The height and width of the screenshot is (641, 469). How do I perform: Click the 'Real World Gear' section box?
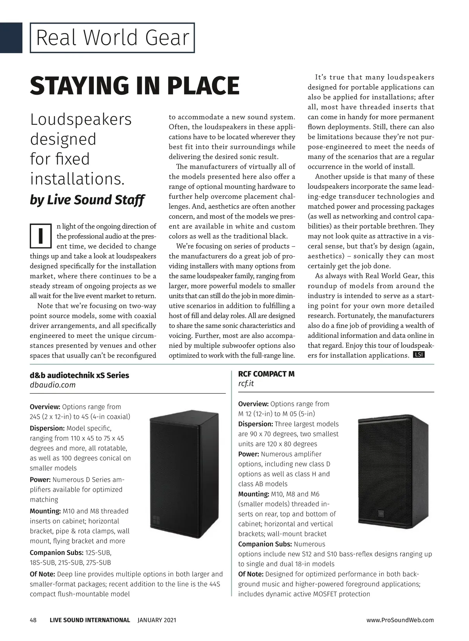coord(112,38)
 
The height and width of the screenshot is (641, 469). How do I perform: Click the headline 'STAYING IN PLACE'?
coord(134,86)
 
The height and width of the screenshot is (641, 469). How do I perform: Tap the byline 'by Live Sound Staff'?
coord(87,200)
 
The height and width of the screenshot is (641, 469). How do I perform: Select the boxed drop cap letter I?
coord(41,236)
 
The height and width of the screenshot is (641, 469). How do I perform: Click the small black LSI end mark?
coord(419,355)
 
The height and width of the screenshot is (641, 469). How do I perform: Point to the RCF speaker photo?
coord(392,472)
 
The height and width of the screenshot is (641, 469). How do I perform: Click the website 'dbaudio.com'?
coord(52,385)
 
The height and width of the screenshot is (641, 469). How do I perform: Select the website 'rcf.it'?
coord(246,384)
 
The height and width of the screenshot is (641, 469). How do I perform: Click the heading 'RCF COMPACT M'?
coord(266,374)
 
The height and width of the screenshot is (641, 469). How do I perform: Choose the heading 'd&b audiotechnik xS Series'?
coord(79,375)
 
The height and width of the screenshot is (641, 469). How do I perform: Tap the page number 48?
coord(33,620)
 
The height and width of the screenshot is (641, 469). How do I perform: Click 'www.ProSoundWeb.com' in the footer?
coord(400,620)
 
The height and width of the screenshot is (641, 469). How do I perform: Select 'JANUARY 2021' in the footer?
coord(157,620)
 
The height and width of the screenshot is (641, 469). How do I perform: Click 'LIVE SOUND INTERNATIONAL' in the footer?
coord(90,620)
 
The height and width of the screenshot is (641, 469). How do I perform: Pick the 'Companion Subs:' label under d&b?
coord(56,553)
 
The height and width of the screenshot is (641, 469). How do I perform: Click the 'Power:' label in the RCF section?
coord(249,454)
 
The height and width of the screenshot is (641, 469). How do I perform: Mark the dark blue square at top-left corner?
coord(11,38)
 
